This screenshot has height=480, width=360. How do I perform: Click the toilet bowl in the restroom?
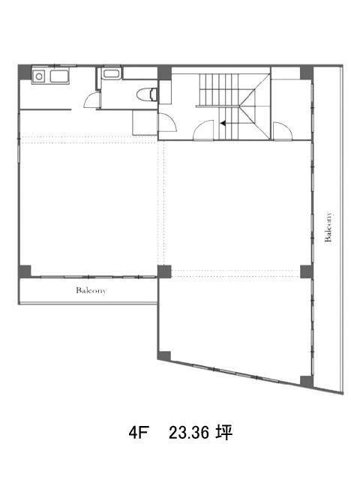pos(147,94)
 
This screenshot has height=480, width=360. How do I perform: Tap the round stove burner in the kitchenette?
pos(39,76)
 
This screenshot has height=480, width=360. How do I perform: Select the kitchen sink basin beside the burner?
pos(59,76)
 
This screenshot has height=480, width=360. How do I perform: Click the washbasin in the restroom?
pos(112,74)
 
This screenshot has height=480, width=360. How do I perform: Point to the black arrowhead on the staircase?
pos(223,123)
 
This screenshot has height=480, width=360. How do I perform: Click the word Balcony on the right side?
pos(328,226)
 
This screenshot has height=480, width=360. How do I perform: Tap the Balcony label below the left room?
pos(91,290)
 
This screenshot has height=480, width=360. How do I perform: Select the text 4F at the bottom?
pos(138,433)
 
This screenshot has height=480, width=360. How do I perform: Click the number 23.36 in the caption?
pos(189,433)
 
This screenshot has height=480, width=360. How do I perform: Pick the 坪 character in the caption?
pos(224,433)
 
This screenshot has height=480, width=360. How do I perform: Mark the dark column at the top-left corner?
pos(25,72)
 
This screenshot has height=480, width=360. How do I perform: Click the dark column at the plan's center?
pos(164,271)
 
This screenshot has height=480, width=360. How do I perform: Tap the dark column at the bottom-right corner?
pos(307,381)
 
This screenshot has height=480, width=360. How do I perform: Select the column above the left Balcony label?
pos(25,271)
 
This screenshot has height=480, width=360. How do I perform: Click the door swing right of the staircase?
pos(282,131)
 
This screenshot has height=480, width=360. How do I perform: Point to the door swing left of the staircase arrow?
pos(203,130)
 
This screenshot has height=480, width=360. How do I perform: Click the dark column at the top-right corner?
pos(307,73)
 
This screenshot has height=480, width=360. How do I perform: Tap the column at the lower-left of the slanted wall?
pos(164,355)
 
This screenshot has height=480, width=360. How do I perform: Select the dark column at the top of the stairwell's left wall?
pos(164,73)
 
